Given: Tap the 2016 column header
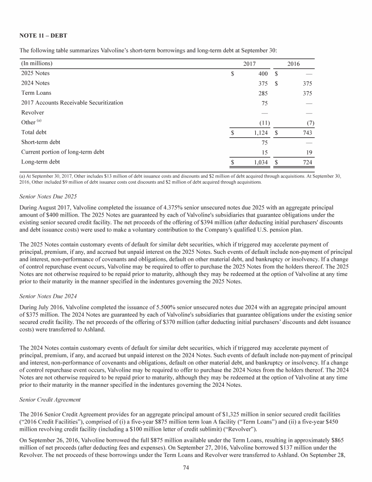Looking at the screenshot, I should pyautogui.click(x=294, y=64).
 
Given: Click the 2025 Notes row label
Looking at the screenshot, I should pyautogui.click(x=35, y=73).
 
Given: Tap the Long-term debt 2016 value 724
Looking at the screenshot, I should pyautogui.click(x=306, y=162).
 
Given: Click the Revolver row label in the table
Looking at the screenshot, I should pyautogui.click(x=32, y=112).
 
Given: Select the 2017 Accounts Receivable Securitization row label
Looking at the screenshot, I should pyautogui.click(x=72, y=102).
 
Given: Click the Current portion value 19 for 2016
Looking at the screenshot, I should pyautogui.click(x=309, y=152).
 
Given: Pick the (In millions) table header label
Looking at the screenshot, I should pyautogui.click(x=37, y=64).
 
